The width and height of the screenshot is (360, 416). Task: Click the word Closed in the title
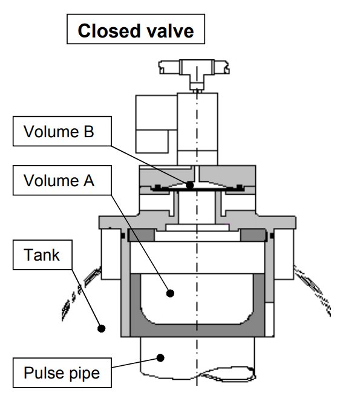coord(109,31)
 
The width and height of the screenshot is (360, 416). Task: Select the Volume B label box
coord(62,131)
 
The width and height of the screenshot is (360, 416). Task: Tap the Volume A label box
coord(62,180)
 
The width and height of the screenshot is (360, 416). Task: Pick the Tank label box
coord(42,255)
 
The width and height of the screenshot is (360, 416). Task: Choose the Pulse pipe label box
coord(62,372)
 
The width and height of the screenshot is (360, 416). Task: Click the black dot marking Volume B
coord(189,185)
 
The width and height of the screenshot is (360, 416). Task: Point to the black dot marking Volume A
coord(170,293)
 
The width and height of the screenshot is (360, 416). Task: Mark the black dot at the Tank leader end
coord(102,328)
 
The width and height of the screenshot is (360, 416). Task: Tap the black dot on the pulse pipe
coord(160,358)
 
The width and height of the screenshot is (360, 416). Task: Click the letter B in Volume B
coord(89,131)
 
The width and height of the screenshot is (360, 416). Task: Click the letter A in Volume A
coord(89,181)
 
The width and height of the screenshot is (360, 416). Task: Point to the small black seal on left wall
coord(123,236)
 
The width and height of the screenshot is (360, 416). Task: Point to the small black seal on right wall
coord(272,236)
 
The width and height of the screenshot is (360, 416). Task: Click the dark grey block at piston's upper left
coord(141,235)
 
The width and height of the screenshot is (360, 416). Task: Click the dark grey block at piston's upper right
coord(253,235)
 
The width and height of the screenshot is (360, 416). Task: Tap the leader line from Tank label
coord(87,299)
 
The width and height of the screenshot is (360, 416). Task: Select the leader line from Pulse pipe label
coord(136,363)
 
